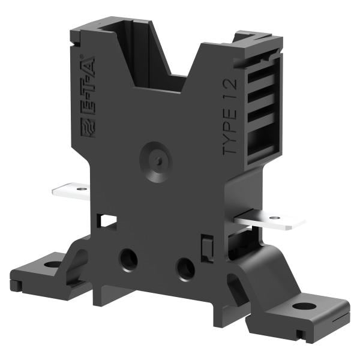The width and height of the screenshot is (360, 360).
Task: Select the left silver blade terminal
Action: pyautogui.click(x=70, y=191)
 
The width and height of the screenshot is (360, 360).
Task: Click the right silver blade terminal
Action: pyautogui.click(x=269, y=220)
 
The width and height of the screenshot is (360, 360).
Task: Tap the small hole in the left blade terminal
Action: pyautogui.click(x=77, y=190)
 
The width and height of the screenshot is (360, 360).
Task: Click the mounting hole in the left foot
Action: pyautogui.click(x=52, y=264)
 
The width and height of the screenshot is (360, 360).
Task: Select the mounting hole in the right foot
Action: pyautogui.click(x=304, y=306)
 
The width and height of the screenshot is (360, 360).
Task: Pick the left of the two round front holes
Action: pyautogui.click(x=128, y=259)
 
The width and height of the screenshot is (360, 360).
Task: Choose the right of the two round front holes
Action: pyautogui.click(x=185, y=268)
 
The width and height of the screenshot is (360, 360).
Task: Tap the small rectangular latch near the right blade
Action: pyautogui.click(x=206, y=247)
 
